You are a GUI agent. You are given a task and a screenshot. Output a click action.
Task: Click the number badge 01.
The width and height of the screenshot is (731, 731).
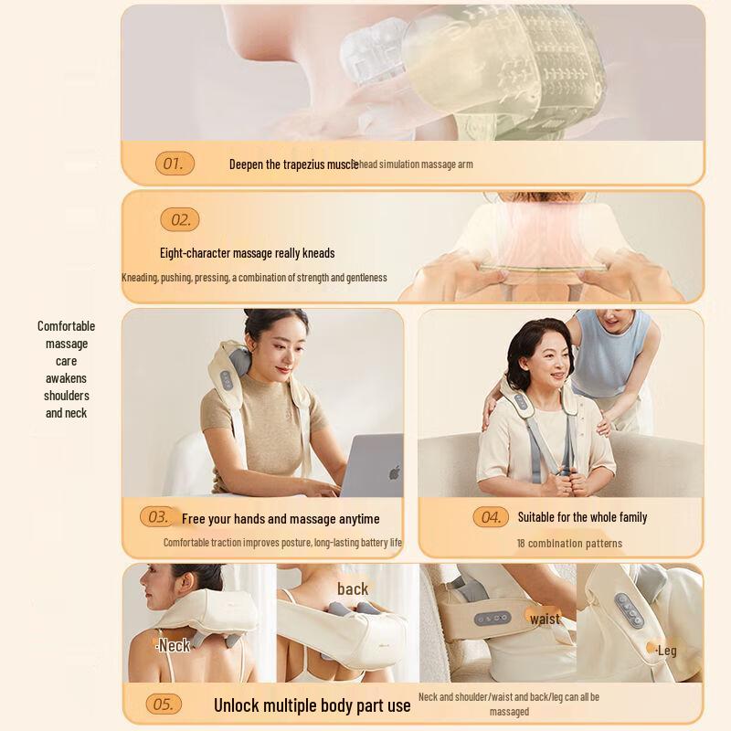(175, 164)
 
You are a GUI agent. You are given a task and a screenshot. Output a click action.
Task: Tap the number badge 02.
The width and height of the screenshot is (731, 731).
(180, 220)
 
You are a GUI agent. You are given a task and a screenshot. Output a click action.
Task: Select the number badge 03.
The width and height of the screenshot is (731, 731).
(159, 517)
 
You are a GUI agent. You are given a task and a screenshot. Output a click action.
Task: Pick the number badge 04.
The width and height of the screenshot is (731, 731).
(491, 517)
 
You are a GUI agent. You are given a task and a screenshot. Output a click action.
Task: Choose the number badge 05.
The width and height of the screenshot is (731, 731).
(164, 705)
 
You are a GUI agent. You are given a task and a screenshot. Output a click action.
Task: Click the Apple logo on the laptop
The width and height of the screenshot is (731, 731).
(395, 472)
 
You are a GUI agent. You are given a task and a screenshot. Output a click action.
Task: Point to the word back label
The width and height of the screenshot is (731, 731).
(353, 589)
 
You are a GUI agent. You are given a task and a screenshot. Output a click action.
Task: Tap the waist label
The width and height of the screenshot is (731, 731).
(546, 619)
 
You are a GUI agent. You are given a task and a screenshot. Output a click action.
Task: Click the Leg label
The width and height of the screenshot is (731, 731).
(666, 651)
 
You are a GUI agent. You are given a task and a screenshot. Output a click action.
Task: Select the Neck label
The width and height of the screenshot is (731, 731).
(174, 646)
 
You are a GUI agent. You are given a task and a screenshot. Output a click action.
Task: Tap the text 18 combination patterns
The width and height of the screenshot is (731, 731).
(569, 544)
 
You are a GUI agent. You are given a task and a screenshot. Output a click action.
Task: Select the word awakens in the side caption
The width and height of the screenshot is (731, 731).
(66, 378)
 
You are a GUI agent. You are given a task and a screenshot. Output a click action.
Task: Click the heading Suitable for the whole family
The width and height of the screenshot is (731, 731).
(582, 517)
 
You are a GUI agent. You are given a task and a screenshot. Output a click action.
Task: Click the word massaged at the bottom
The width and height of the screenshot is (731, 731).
(509, 712)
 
